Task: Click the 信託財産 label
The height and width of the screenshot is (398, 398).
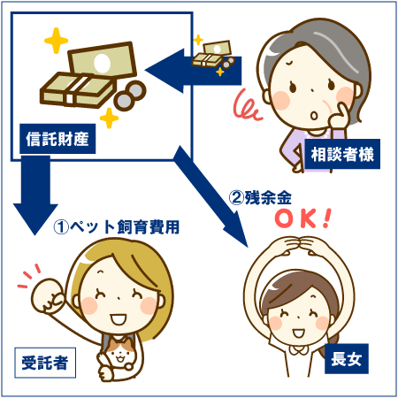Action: click(x=57, y=139)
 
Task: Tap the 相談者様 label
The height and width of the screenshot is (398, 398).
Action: click(x=342, y=154)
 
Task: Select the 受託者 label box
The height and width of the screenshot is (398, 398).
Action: click(x=45, y=363)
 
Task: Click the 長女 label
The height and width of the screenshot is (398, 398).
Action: click(x=347, y=359)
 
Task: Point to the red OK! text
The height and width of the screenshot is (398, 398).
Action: click(x=303, y=218)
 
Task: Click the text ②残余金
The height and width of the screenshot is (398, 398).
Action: click(x=260, y=197)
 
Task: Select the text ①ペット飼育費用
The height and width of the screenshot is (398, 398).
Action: click(x=117, y=226)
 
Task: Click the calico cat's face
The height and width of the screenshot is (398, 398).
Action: click(x=119, y=352)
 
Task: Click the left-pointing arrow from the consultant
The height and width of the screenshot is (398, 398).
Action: click(x=193, y=71)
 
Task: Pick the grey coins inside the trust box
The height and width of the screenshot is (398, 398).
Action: click(x=130, y=95)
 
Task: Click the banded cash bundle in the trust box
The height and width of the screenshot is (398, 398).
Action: click(x=78, y=89)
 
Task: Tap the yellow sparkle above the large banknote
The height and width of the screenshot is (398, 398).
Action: click(x=56, y=41)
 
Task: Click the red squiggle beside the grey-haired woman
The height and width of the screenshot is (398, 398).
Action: click(x=247, y=105)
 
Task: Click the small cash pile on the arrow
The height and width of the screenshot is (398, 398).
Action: click(x=213, y=55)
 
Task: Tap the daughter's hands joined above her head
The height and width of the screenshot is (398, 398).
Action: click(x=300, y=245)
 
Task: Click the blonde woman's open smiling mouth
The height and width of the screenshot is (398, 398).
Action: click(x=119, y=319)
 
